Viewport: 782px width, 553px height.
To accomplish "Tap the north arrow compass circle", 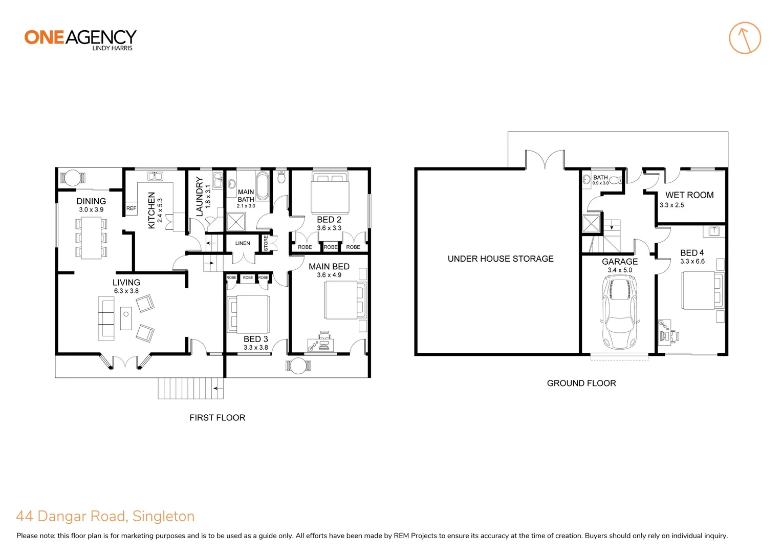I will tap(745, 38).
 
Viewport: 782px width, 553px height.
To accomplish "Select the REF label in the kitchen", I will tap(132, 208).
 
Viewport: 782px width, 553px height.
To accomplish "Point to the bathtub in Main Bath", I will tap(262, 186).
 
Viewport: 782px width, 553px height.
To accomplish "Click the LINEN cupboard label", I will tap(243, 243).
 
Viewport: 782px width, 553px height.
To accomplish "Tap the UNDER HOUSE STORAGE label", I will tap(500, 259).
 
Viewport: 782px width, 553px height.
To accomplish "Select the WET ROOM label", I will tap(689, 195).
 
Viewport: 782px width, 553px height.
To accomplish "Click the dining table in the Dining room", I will tap(92, 238).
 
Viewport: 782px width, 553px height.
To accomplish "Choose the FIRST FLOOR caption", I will tap(217, 418).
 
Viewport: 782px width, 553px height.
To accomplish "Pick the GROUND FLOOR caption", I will tap(581, 383).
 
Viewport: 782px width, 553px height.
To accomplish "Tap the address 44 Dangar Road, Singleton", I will tap(105, 516).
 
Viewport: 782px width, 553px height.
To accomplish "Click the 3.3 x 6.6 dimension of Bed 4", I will tap(692, 261).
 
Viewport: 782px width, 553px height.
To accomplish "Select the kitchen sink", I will tap(155, 177).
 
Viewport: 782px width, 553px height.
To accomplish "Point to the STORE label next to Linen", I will tap(266, 243).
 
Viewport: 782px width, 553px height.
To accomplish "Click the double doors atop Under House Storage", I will tap(545, 159).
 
